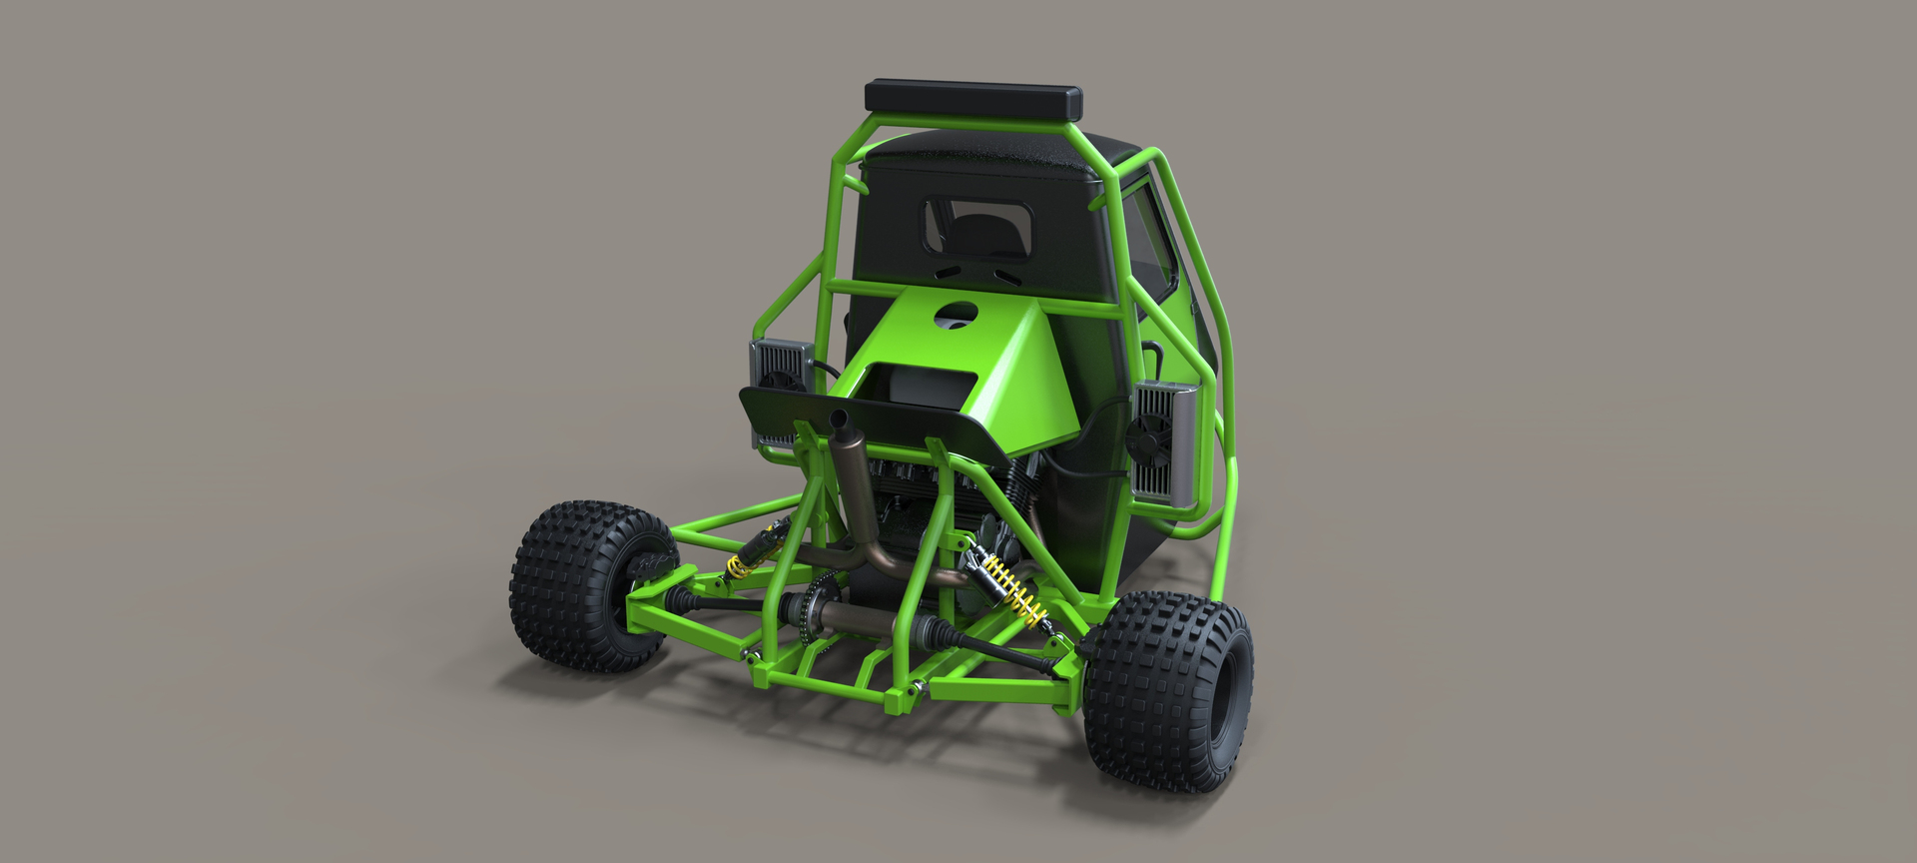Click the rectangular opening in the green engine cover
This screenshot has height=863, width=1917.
tap(920, 383)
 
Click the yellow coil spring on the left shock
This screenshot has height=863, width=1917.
tap(737, 568)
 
